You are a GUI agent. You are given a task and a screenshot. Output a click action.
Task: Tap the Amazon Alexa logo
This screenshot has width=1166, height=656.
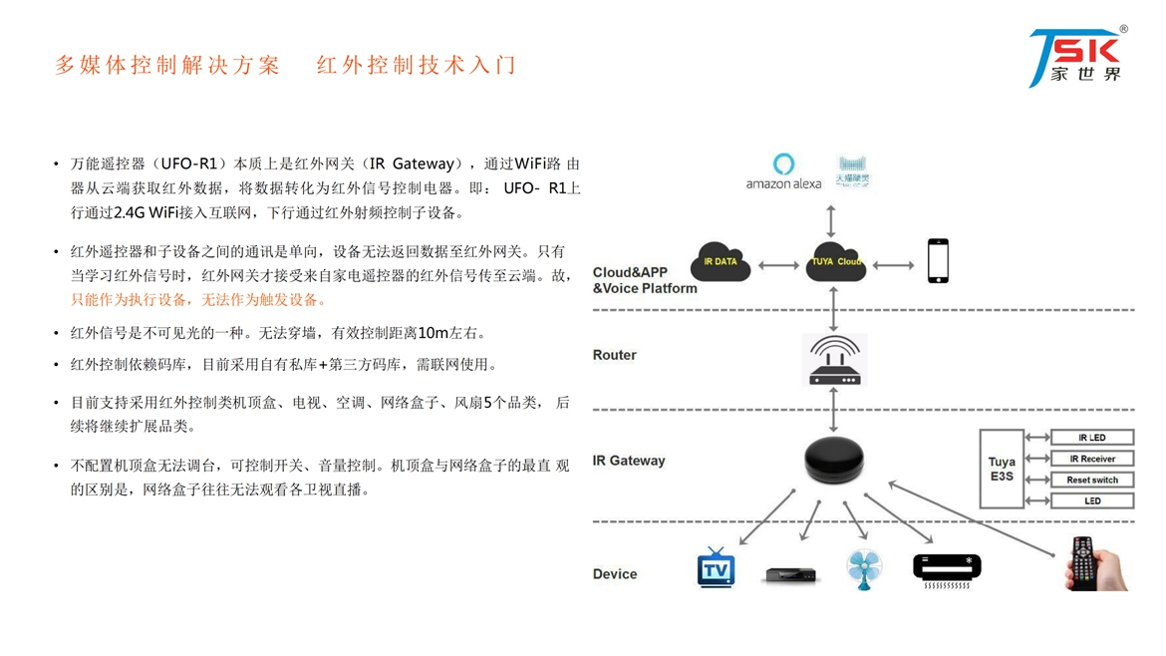coord(784,171)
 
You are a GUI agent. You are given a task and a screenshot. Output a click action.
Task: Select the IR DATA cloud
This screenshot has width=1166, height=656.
coord(720,262)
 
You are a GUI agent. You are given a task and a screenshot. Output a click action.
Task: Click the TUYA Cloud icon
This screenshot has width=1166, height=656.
coord(835,262)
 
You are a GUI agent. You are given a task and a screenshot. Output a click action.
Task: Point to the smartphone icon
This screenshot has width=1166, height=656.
coord(938,261)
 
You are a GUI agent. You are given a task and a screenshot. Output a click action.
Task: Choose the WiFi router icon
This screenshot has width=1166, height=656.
coord(834,361)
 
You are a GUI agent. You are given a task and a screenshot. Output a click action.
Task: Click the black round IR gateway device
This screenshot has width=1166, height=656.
coord(833,462)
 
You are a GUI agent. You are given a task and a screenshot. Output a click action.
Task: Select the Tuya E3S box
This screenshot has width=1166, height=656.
coord(1002,470)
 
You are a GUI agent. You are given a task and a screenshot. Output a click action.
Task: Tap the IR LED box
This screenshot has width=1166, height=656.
coord(1092,438)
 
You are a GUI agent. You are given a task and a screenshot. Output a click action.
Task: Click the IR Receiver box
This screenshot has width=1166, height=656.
coord(1092,459)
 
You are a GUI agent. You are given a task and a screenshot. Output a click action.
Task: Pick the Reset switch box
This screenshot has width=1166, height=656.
coord(1092,480)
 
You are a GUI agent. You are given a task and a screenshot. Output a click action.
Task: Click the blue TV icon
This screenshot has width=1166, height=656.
coord(716,567)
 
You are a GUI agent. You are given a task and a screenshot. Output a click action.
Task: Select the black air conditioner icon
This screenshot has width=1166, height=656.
coord(946,569)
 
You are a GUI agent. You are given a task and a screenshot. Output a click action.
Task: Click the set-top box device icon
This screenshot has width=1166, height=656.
coord(790,575)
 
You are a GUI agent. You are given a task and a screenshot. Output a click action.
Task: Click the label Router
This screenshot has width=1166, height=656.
coord(614,355)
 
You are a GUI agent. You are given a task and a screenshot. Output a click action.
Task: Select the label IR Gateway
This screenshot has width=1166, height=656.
coord(628,461)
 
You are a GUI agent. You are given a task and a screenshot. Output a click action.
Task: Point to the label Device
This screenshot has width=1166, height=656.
coord(614,574)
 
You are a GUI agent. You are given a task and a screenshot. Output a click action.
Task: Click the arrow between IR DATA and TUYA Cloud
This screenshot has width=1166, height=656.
coord(778,265)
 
